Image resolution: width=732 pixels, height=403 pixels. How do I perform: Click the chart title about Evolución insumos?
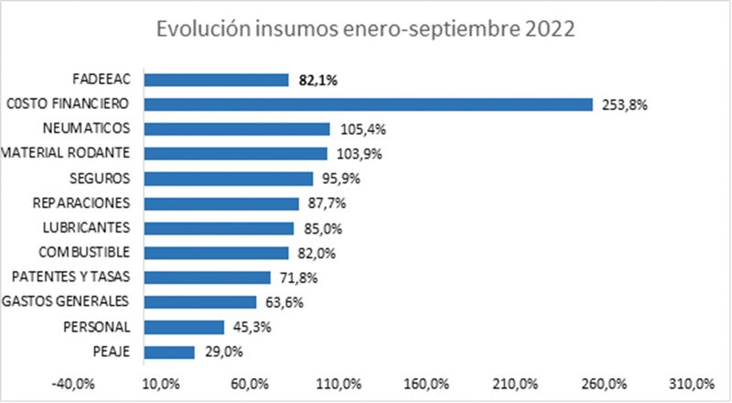coord(365,29)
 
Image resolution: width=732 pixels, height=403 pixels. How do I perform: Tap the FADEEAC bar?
coord(217,80)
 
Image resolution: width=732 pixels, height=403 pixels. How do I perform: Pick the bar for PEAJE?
coord(170,352)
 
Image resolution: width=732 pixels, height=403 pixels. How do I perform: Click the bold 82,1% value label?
coord(318,81)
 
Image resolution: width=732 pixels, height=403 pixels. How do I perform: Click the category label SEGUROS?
coord(106,178)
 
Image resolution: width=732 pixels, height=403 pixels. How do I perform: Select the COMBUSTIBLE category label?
coord(90,252)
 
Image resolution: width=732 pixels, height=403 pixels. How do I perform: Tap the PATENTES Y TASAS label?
coord(76,277)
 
